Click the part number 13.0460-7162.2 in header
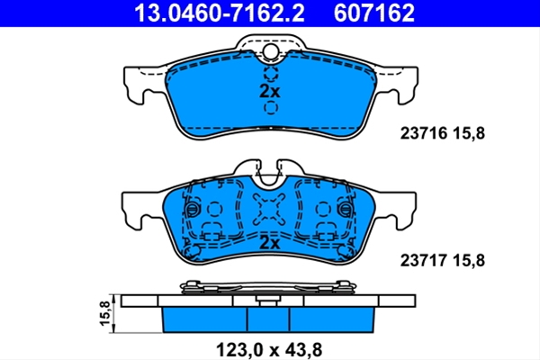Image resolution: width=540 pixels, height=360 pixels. pos(220,13)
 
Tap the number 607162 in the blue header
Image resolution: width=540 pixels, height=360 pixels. pos(374,13)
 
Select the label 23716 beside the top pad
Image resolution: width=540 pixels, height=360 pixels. pos(424,133)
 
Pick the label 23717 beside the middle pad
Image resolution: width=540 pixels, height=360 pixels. pos(424,260)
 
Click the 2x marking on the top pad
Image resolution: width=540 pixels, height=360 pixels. pos(270,91)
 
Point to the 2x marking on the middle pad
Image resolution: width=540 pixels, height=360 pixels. pos(270,243)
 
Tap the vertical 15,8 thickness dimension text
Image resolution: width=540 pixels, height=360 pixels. pos(105,313)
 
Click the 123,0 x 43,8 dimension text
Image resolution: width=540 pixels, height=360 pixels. pos(269,350)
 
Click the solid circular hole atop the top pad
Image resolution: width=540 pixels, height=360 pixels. pos(271,51)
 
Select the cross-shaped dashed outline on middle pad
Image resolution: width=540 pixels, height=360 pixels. pos(269,209)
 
